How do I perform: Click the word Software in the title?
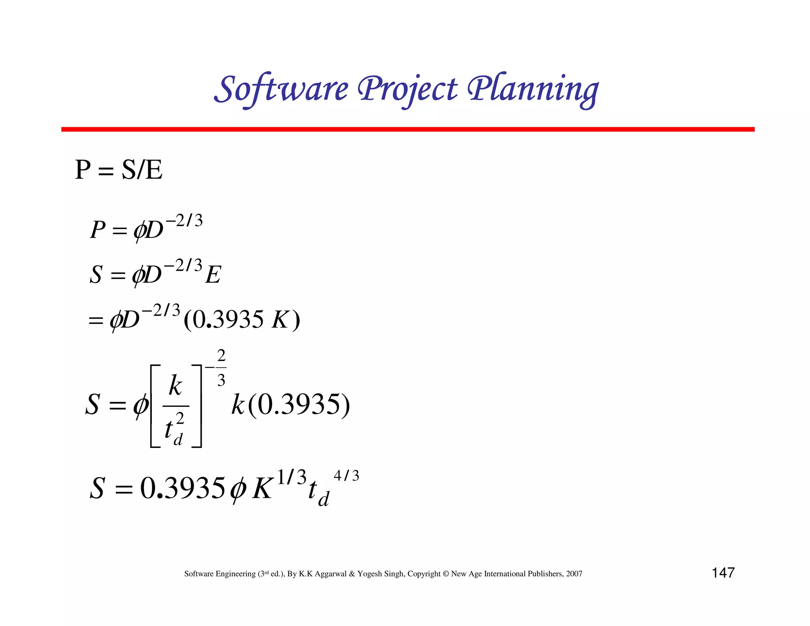281,89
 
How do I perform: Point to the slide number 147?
723,573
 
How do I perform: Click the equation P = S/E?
119,170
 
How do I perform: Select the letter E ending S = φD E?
213,274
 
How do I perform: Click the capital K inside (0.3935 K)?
280,320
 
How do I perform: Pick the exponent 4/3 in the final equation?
346,475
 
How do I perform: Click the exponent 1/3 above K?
291,476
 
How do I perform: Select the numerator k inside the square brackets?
175,386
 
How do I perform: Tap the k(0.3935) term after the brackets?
291,404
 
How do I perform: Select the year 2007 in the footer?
574,574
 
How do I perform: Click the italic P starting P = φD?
98,230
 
